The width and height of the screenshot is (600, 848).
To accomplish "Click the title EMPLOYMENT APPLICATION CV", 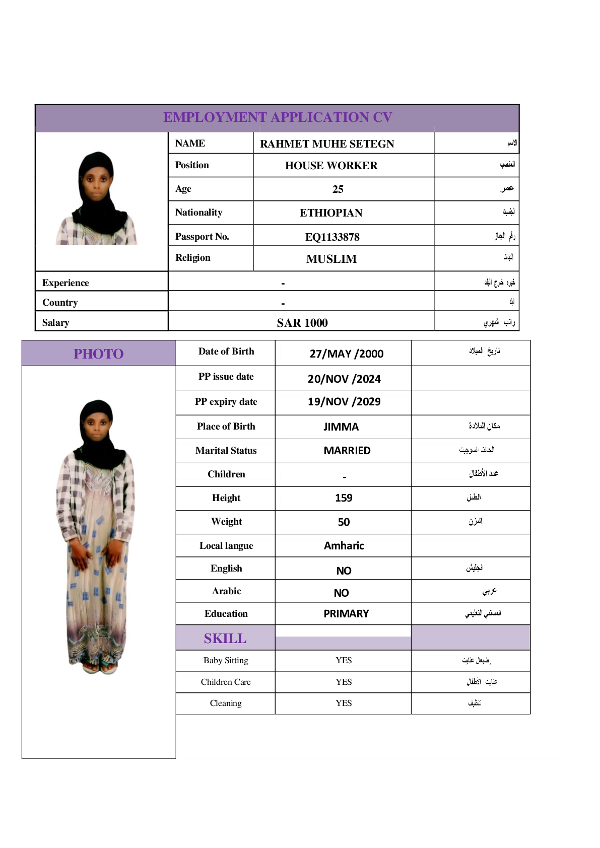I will click(x=277, y=117).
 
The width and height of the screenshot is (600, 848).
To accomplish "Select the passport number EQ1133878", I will click(x=332, y=237).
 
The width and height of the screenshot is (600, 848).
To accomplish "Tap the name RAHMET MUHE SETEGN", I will click(x=327, y=144).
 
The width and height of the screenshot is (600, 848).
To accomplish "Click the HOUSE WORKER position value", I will click(x=331, y=166).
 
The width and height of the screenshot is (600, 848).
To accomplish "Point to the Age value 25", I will click(x=338, y=189).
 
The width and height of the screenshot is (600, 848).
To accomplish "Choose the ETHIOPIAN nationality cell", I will click(x=331, y=213).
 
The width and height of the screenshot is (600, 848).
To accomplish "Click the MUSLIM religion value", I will click(x=331, y=259).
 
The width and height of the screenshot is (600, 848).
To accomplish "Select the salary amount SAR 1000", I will click(x=302, y=323).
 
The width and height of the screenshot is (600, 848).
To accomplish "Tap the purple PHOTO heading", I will click(x=98, y=354).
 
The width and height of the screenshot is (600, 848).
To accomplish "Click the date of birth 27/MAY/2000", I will click(x=346, y=354).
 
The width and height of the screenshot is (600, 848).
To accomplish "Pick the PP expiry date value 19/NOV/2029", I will click(x=344, y=402).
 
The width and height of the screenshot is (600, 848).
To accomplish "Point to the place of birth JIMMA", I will click(x=341, y=427).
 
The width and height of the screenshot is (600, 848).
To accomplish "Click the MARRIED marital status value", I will click(x=347, y=451).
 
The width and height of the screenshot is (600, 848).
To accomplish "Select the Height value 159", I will click(x=344, y=498).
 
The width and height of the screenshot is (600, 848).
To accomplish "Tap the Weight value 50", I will click(x=344, y=522).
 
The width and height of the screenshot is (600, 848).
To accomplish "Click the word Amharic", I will click(x=344, y=546).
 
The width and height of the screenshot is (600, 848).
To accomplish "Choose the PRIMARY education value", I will click(x=346, y=614).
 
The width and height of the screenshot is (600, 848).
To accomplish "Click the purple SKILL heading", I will click(x=225, y=639).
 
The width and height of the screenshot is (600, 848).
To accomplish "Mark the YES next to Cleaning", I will click(x=344, y=703).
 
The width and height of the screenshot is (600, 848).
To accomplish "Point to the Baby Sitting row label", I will click(x=226, y=660).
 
